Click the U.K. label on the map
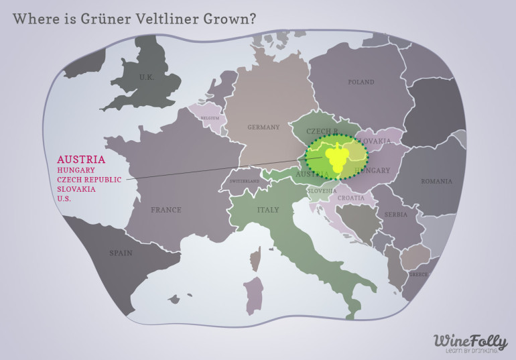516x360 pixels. [x=146, y=77]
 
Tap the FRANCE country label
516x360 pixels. [x=166, y=210]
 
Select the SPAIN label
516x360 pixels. [x=121, y=253]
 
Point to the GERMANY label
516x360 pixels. [x=263, y=127]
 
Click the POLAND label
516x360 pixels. [x=361, y=82]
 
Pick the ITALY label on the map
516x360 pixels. [x=268, y=210]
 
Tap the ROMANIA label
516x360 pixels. [x=436, y=181]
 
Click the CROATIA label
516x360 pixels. [x=350, y=198]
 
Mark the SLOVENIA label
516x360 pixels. [x=322, y=191]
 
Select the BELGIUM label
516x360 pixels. [x=208, y=117]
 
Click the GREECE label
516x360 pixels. [x=419, y=274]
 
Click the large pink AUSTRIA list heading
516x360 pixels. [x=80, y=160]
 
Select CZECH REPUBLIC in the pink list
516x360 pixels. [x=89, y=180]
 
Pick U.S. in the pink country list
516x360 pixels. [x=64, y=198]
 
